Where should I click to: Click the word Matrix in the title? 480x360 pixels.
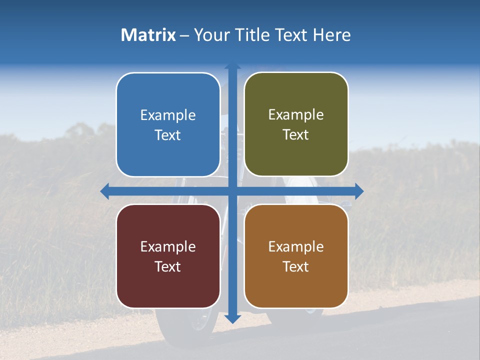tap(148, 35)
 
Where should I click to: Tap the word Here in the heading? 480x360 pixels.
tap(331, 35)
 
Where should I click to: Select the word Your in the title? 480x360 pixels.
tap(210, 35)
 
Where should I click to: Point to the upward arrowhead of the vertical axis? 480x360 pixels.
tap(232, 66)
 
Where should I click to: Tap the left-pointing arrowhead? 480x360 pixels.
tap(104, 190)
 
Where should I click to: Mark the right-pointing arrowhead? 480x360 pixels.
tap(359, 190)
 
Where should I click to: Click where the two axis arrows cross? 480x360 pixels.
tap(232, 190)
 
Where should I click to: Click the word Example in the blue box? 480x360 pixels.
tap(168, 115)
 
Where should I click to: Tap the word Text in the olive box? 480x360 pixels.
tap(296, 135)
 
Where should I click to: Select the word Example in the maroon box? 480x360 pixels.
tap(168, 246)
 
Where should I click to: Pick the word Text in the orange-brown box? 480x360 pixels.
tap(296, 266)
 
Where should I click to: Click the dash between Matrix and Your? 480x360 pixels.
tap(184, 35)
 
